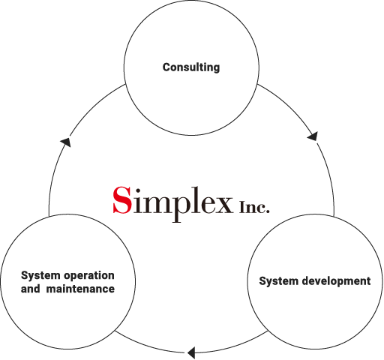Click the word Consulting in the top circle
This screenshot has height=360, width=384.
pos(191,67)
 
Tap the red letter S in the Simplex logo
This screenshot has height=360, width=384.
pos(122,200)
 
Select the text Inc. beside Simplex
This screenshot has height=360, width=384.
pos(254,206)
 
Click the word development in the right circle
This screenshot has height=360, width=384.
pos(337,281)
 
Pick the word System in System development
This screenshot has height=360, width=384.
pos(279,281)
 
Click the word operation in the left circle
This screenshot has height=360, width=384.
pos(89,276)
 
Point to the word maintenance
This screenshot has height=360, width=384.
pos(80,289)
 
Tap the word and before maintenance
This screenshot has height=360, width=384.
pos(30,289)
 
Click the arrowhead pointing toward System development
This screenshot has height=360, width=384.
pos(313,136)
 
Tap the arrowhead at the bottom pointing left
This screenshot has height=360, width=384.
pos(191,352)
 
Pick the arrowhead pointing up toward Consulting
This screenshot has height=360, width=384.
pos(66,142)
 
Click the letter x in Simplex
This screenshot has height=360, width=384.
pos(223,204)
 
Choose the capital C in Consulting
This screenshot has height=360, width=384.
pos(167,67)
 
